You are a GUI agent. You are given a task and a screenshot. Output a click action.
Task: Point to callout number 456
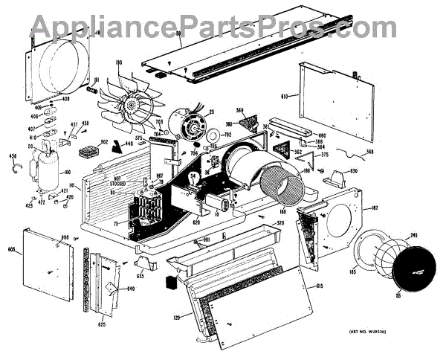click(12, 155)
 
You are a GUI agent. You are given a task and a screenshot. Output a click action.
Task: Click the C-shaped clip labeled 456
click(15, 170)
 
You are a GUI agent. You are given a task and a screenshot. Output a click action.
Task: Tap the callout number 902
click(105, 142)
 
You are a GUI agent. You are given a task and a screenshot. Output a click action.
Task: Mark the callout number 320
click(280, 222)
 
